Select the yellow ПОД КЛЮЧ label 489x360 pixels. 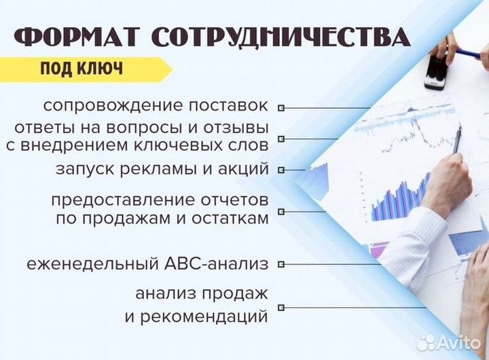coord(81,69)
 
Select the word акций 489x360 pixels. coord(242,169)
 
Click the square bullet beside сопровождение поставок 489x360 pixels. coord(282,108)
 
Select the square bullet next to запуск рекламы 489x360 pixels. coord(282,170)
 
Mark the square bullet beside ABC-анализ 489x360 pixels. coord(282,264)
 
